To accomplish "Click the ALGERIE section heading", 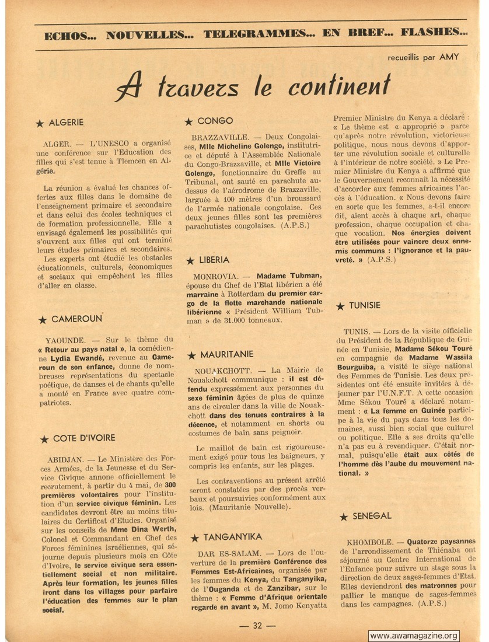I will (x=66, y=123).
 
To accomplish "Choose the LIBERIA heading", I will (x=214, y=260).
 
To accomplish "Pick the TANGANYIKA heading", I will (x=231, y=536).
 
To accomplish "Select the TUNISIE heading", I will (x=365, y=305).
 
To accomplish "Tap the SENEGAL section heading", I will (x=372, y=516).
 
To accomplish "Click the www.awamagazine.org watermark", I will (x=414, y=636).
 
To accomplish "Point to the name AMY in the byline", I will (x=449, y=57).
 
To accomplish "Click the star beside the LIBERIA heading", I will (x=190, y=261).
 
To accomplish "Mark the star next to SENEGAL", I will (x=343, y=517).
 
